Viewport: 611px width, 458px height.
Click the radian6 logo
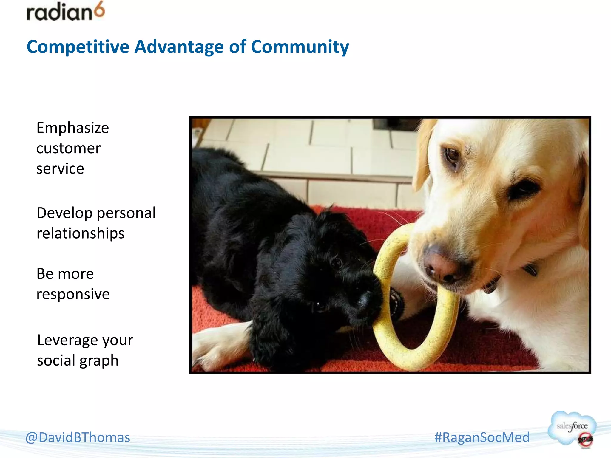coord(66,12)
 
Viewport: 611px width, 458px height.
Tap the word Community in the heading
coord(300,47)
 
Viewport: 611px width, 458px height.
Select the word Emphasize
coord(72,129)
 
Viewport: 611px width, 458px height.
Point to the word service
coord(60,169)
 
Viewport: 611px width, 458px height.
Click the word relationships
coord(80,233)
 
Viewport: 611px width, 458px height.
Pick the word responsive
coord(73,295)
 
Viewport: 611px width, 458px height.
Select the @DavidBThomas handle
coord(78,437)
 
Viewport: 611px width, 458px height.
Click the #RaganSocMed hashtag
coord(482,437)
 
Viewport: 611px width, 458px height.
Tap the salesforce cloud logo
coord(572,428)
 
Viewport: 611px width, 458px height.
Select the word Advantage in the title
coord(179,47)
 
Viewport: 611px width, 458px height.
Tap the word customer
coord(68,148)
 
